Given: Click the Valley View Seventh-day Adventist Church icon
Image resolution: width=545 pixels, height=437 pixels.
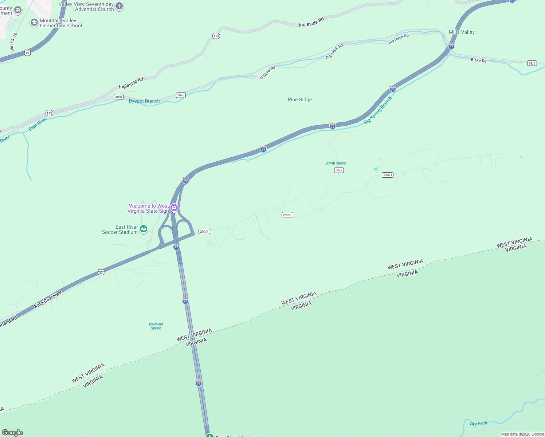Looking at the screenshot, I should (x=119, y=7).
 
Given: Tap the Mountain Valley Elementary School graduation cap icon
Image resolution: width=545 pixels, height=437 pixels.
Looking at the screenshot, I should (x=34, y=23).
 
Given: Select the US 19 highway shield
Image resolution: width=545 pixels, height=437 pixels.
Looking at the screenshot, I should (x=27, y=53).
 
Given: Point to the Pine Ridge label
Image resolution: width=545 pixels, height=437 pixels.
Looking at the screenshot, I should (x=300, y=99).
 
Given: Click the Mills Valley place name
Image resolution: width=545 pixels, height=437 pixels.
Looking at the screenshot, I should (x=462, y=32).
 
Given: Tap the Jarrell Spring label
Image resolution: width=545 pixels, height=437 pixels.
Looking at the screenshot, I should (x=335, y=163).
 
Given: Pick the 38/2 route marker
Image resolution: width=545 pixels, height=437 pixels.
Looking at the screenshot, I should (x=339, y=170).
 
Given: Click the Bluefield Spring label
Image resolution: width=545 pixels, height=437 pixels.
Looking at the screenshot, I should (x=156, y=326).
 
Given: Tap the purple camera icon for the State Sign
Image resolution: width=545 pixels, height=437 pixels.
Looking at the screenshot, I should (x=174, y=208).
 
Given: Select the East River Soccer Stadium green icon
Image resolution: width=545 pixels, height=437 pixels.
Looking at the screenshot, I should (x=144, y=229).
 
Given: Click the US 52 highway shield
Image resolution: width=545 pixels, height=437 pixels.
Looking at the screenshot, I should (x=101, y=272).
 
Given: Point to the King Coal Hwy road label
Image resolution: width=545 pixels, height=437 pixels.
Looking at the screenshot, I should (x=48, y=299).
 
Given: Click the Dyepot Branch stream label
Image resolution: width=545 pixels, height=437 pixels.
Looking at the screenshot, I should (x=144, y=101).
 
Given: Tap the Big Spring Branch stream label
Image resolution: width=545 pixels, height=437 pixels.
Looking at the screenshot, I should (x=378, y=110).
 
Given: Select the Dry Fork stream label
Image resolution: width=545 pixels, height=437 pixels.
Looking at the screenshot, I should (x=478, y=424).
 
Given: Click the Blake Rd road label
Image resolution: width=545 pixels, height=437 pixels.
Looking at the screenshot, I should (x=478, y=60).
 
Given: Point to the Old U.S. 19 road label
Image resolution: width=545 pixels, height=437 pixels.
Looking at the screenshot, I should (x=13, y=42).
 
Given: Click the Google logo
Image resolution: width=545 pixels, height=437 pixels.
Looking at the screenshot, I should (x=12, y=433).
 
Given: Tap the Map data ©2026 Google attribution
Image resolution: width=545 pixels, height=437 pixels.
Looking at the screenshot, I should (x=522, y=434).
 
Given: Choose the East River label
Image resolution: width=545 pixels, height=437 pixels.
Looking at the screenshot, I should (x=38, y=124).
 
